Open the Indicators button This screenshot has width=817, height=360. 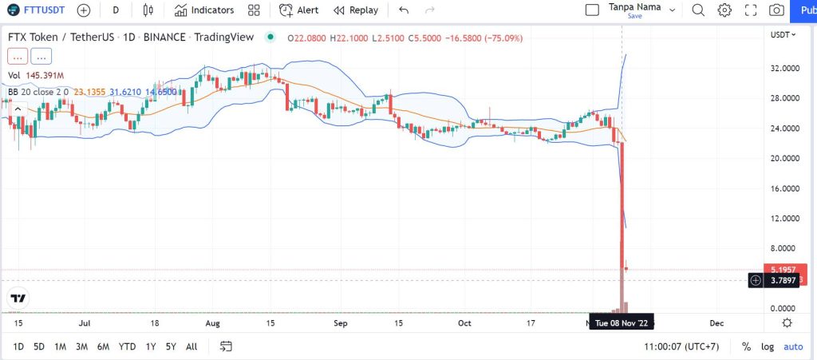pyautogui.click(x=204, y=10)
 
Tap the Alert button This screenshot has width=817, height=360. pyautogui.click(x=299, y=10)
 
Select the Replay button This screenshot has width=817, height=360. pyautogui.click(x=356, y=10)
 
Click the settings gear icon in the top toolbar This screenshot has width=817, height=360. pyautogui.click(x=724, y=10)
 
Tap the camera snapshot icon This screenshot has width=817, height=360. pyautogui.click(x=776, y=10)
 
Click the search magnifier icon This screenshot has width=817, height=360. pyautogui.click(x=698, y=10)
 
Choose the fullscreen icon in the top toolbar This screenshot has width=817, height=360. pyautogui.click(x=750, y=10)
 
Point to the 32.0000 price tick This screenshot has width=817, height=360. pyautogui.click(x=786, y=69)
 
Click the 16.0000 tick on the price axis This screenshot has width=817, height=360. pyautogui.click(x=786, y=188)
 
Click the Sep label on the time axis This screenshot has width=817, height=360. pyautogui.click(x=341, y=323)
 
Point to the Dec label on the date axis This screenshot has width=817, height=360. pyautogui.click(x=716, y=323)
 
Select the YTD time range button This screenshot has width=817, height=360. pyautogui.click(x=126, y=346)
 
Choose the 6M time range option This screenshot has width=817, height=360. pyautogui.click(x=103, y=346)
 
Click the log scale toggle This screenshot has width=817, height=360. pyautogui.click(x=768, y=346)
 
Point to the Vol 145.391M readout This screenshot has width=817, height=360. pyautogui.click(x=37, y=75)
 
